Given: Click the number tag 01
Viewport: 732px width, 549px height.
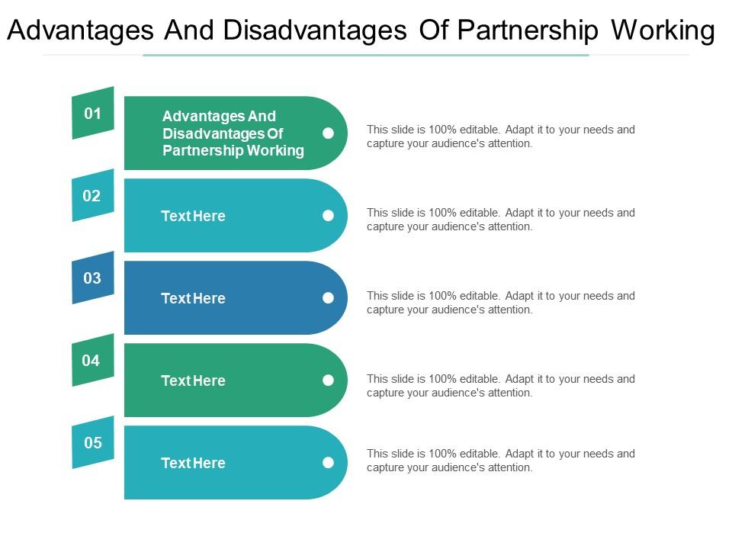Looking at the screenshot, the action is point(93,113).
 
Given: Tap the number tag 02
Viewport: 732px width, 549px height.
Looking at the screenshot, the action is point(93,195).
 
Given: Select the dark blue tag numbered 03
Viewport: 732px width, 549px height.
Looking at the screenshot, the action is point(93,278).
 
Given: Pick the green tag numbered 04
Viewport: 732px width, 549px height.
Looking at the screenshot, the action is point(93,360).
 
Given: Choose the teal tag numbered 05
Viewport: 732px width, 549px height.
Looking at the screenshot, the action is point(93,442).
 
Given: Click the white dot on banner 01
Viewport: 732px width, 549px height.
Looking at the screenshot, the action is point(328,133).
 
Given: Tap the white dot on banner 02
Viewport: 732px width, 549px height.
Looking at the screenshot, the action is point(328,215).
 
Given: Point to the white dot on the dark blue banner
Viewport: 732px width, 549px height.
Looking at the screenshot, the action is point(328,298).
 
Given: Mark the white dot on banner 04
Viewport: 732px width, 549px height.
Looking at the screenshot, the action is point(328,380).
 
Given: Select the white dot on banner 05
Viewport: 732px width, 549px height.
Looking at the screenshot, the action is point(328,462).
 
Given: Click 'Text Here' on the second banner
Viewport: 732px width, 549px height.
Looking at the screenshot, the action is point(193,216).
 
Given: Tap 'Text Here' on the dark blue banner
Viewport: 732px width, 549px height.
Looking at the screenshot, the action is point(193,298).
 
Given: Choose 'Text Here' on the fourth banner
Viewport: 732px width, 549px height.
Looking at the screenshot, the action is point(193,380).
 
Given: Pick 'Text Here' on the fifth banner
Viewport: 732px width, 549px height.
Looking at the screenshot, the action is point(193,463).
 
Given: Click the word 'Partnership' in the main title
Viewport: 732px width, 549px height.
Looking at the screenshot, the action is point(528,31).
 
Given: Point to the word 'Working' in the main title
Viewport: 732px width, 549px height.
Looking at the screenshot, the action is point(663,31).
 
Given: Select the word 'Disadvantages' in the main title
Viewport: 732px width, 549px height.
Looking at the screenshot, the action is point(315,30).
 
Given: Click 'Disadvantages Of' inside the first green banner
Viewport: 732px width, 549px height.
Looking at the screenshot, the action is point(223,133).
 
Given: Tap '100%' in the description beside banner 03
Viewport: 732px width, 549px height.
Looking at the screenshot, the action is point(442,296).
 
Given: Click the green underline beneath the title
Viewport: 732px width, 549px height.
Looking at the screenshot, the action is point(366,55).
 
